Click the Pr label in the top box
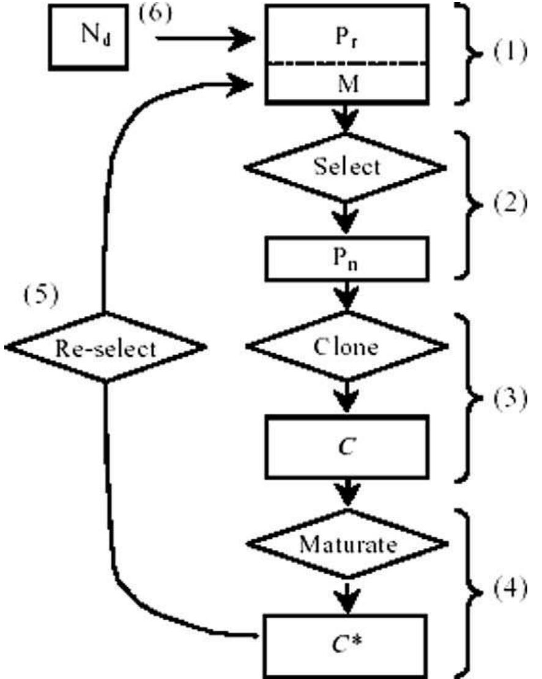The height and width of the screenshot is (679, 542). pyautogui.click(x=346, y=36)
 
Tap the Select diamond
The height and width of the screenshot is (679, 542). pyautogui.click(x=346, y=166)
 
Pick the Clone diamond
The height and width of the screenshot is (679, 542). pyautogui.click(x=346, y=347)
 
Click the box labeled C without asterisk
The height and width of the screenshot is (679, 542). pyautogui.click(x=346, y=446)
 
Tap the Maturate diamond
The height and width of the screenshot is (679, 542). pyautogui.click(x=346, y=543)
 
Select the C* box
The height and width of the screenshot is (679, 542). pyautogui.click(x=346, y=639)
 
